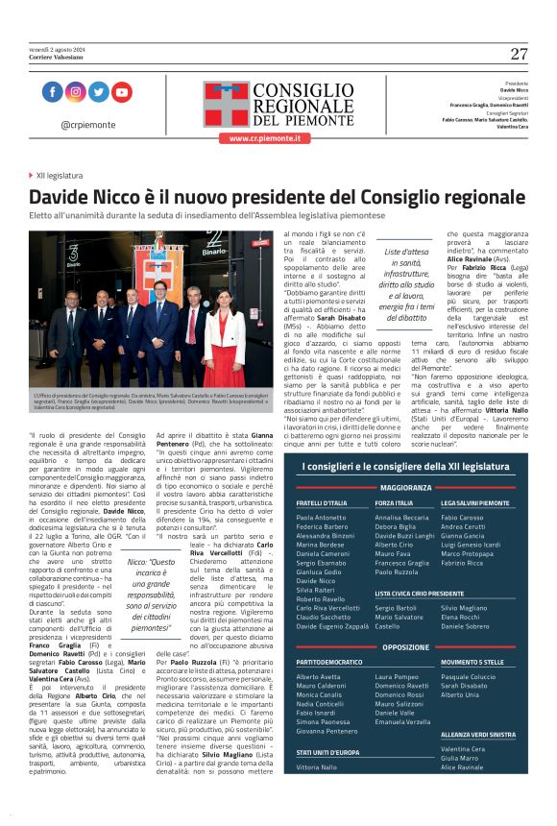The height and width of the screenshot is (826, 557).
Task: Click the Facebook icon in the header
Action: pos(52,92)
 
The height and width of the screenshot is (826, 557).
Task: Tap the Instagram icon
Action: pos(75,92)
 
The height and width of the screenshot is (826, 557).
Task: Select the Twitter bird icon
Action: pos(98,92)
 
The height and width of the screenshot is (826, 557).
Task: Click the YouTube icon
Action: pos(121,92)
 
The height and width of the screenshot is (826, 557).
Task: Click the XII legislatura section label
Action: pos(59,176)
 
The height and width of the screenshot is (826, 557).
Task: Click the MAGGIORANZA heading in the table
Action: pos(411,487)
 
